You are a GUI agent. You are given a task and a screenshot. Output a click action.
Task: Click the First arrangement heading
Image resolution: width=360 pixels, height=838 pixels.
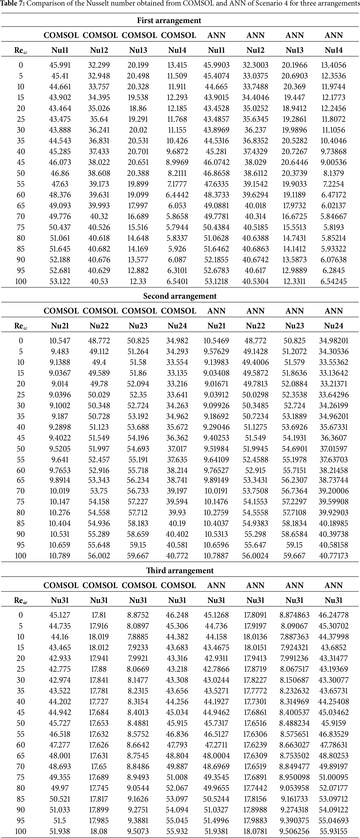tap(169, 20)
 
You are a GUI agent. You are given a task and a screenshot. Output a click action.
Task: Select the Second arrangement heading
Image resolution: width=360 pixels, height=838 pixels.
tap(180, 296)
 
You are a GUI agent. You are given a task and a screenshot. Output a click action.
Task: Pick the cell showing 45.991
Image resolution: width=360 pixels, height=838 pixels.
tap(60, 65)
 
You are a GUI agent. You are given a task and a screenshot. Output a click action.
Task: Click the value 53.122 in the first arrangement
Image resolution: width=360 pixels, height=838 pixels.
tap(60, 281)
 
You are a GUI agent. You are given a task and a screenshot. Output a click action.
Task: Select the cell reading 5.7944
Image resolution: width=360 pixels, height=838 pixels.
tap(177, 227)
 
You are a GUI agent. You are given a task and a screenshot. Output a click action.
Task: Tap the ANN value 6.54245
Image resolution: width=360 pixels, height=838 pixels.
tap(334, 281)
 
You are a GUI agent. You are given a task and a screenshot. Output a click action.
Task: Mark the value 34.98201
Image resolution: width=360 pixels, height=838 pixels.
tap(334, 341)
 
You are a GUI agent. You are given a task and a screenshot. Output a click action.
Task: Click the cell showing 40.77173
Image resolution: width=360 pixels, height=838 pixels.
tap(334, 556)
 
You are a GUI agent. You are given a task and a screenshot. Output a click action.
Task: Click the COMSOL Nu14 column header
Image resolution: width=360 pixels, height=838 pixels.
tap(177, 50)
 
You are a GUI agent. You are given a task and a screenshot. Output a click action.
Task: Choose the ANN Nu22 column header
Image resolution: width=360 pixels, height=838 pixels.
tap(255, 326)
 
